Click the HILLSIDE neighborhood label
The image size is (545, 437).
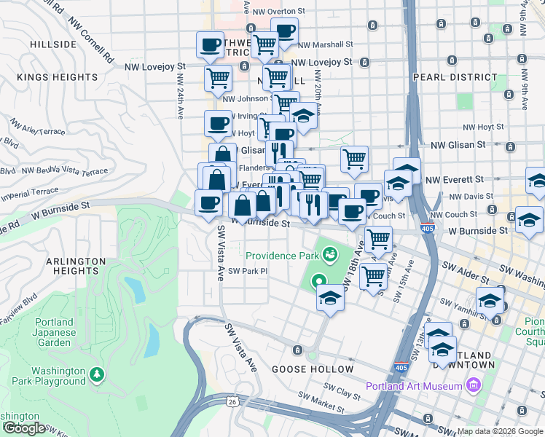[53, 44]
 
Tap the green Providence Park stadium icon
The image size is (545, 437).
[330, 253]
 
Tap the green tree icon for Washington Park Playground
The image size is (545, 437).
[96, 374]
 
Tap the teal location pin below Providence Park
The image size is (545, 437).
[318, 280]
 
